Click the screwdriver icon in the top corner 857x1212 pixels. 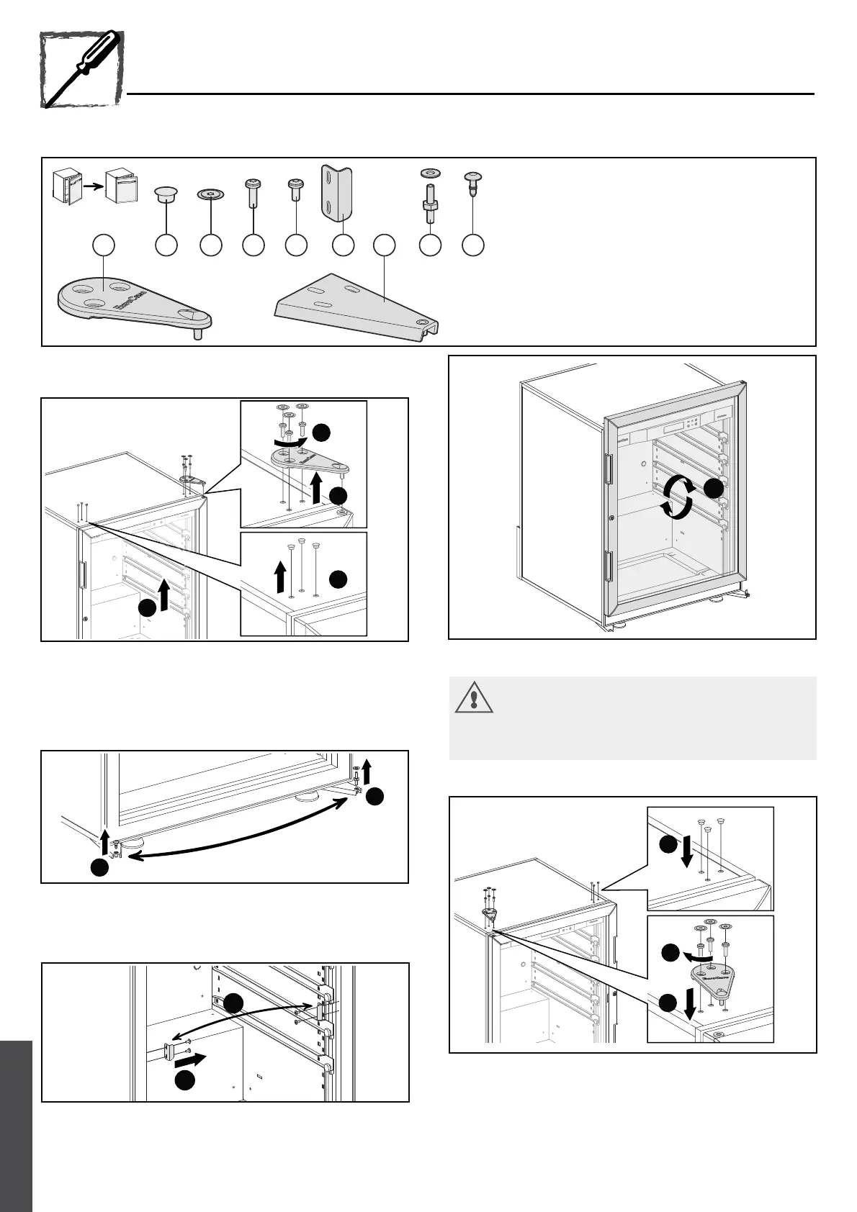81,69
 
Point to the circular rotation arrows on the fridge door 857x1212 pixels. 678,497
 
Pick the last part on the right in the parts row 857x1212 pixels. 472,183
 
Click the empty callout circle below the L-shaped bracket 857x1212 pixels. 343,245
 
